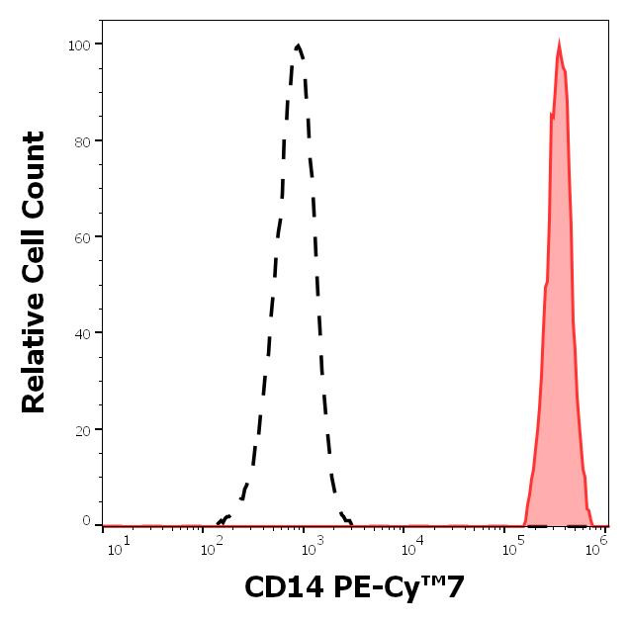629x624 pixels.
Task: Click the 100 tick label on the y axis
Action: pos(78,45)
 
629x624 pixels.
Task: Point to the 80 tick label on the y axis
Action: pos(82,140)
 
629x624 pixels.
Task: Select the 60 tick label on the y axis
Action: pos(82,237)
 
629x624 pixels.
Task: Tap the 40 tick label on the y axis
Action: pos(82,333)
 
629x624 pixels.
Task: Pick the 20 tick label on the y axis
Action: pos(82,429)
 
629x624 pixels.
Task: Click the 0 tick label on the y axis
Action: pos(86,521)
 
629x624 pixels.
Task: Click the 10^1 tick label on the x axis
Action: pos(115,548)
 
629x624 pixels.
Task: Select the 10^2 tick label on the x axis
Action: pos(211,548)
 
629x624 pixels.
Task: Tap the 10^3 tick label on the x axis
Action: pos(308,548)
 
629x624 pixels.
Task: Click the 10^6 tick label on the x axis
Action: pos(596,548)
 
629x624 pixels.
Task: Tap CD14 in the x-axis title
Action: pos(279,588)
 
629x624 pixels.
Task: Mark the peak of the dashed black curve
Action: pos(298,45)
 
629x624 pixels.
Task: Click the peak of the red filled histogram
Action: pos(559,43)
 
